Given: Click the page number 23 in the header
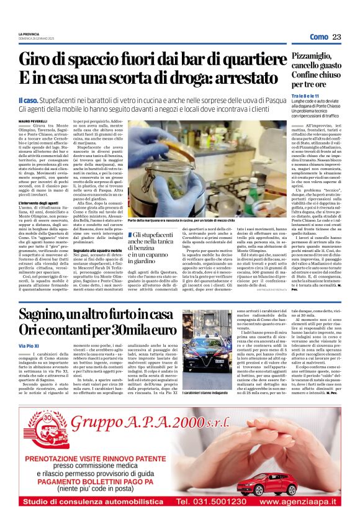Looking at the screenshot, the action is point(336,37).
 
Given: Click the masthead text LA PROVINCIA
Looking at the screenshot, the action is point(29,34).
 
